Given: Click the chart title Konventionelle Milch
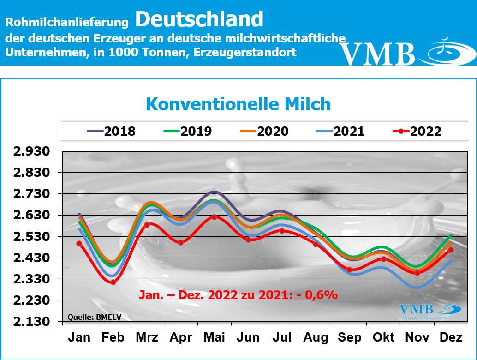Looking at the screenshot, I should (238, 104).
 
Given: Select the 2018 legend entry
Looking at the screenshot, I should (112, 131).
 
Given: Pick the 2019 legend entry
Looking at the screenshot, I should (188, 131).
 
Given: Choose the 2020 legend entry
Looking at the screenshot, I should (264, 131).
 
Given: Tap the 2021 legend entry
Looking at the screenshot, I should (340, 131).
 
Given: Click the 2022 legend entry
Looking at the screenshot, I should (417, 131).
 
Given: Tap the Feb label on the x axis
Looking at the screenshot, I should (113, 338).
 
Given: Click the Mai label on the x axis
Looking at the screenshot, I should (214, 338).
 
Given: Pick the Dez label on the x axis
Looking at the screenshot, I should (451, 338).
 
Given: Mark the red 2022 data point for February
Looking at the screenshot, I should (113, 282).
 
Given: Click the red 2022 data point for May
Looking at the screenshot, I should (214, 217).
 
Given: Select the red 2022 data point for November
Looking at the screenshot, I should (417, 273).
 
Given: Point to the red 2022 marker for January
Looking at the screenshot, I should (79, 243).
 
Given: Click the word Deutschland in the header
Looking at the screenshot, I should (199, 19).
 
